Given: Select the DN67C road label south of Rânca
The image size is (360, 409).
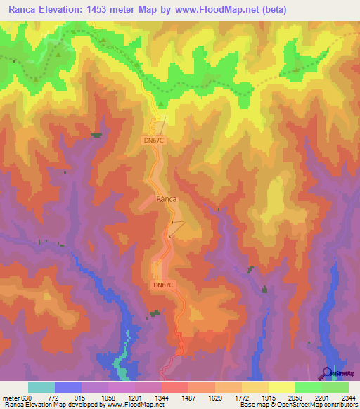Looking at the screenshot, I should tap(163, 285).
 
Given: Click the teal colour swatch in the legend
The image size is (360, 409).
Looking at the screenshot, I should tap(41, 387).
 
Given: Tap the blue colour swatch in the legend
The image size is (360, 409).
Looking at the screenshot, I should tap(67, 387).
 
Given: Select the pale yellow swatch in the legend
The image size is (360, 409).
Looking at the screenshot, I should tap(281, 387).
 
